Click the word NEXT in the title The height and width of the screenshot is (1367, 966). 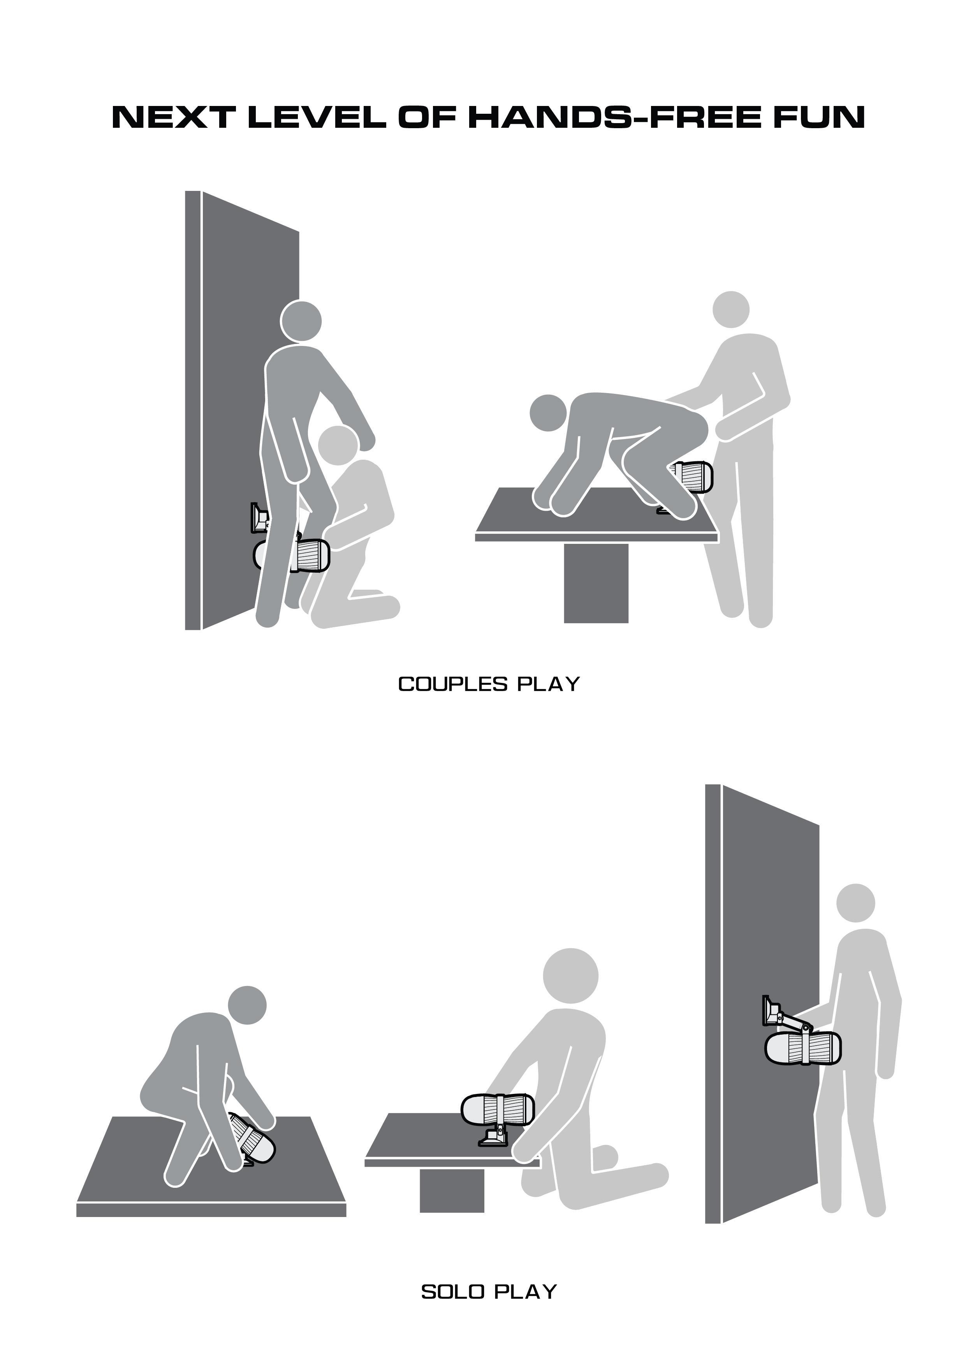(172, 117)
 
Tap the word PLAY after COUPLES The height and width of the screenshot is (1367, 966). (548, 685)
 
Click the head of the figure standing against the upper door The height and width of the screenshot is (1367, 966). (301, 321)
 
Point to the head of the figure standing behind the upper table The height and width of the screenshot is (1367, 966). (731, 309)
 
